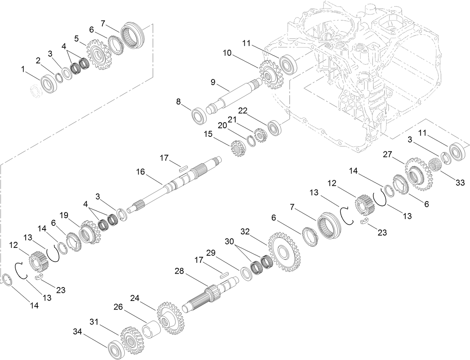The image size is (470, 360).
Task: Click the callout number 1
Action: coord(24,69)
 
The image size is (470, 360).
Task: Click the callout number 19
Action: coord(64,215)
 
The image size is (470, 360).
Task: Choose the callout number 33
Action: coord(460,182)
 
